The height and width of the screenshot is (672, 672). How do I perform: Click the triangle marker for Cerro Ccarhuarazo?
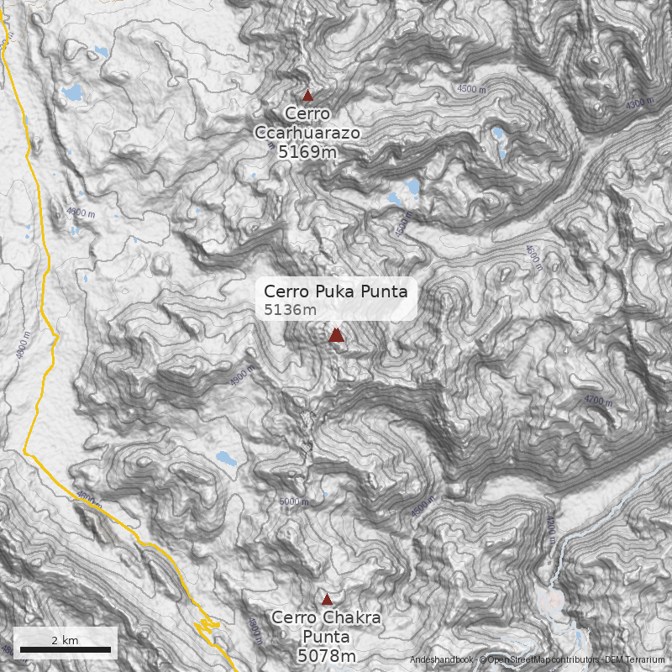coord(307,96)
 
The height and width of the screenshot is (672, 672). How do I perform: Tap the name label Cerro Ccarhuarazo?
coord(307,123)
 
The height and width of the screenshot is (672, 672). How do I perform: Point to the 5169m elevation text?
coord(307,152)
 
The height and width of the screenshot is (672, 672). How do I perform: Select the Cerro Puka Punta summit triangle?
coord(336,335)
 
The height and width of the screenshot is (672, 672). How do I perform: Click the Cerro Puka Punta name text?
coord(335,291)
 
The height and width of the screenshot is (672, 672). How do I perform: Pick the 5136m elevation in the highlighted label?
coord(290,310)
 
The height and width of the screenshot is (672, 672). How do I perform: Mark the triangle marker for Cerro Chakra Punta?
coord(327,600)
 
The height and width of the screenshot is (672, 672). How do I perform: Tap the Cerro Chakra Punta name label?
coord(326,627)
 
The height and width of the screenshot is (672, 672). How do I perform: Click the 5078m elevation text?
coord(327,655)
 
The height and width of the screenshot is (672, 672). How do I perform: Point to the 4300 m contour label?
coord(640,103)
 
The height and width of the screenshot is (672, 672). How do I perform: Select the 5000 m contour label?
coord(293,502)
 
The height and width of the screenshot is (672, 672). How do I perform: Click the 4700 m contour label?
coord(598,401)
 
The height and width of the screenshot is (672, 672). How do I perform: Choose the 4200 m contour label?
coord(550,529)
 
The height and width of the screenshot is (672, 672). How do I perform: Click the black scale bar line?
coord(65,649)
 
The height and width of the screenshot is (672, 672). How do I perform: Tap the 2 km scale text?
coord(65,640)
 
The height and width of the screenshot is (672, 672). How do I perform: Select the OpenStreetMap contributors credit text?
coord(538,661)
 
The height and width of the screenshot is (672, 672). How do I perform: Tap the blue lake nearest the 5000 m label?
coord(225,459)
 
